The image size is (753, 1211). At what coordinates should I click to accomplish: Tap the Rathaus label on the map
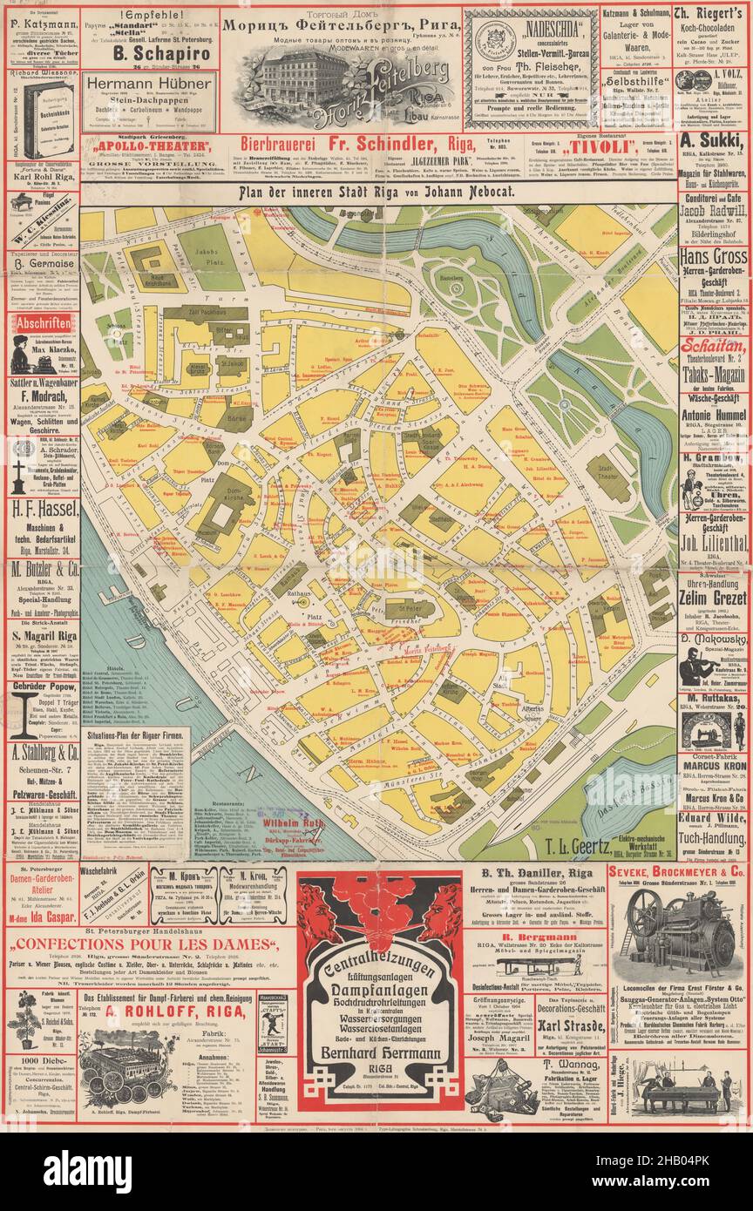(x=299, y=594)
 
